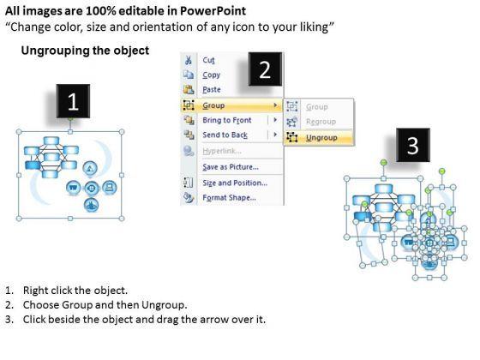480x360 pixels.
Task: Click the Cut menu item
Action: [208, 60]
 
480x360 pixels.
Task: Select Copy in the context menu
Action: [211, 75]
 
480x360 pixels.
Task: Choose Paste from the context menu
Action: [212, 89]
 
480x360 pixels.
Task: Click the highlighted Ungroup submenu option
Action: [321, 138]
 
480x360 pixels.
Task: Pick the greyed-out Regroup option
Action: [321, 122]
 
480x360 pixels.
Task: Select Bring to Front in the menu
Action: [227, 120]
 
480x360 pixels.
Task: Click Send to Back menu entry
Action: [225, 135]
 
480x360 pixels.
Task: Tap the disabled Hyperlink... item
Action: [222, 151]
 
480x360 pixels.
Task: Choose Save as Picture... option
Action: [231, 167]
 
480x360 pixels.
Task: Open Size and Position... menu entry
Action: [235, 183]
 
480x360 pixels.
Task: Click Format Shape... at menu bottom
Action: [229, 198]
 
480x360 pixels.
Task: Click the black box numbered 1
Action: [73, 101]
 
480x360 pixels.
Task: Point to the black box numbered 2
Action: [265, 69]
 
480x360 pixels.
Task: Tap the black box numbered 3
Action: [413, 145]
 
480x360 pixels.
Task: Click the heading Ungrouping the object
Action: [85, 51]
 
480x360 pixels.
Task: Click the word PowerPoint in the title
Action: [213, 11]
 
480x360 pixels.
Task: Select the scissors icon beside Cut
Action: [189, 60]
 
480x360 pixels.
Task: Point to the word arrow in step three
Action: [211, 320]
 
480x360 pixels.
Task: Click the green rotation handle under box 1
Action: [70, 119]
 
